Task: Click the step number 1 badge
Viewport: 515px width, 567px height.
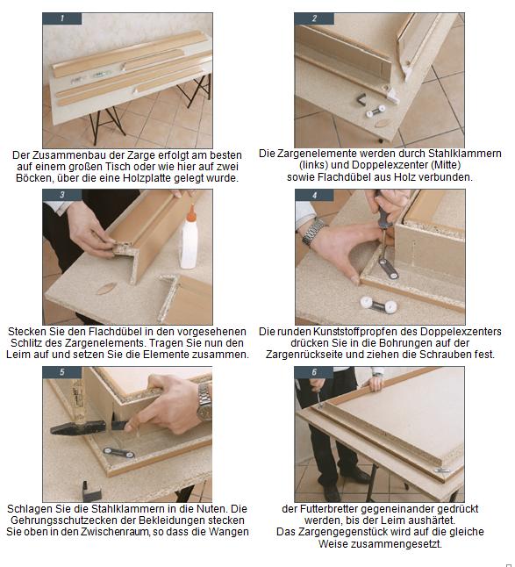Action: tap(61, 18)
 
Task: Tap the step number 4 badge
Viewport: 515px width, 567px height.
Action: tap(314, 195)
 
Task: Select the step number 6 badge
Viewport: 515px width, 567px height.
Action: tap(314, 372)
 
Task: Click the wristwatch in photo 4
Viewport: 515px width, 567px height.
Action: tap(313, 233)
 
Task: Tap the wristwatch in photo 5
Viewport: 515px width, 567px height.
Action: tap(204, 402)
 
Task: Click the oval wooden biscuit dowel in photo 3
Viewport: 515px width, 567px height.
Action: tap(107, 288)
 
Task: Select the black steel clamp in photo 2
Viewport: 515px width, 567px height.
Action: tap(361, 99)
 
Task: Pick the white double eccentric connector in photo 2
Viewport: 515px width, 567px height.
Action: tap(376, 111)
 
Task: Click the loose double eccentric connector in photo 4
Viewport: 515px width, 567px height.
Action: tap(379, 305)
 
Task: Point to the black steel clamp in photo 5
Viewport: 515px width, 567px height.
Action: tap(90, 491)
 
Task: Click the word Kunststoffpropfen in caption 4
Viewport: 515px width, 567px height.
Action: tap(365, 331)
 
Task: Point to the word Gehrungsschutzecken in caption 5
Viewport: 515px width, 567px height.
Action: tap(74, 520)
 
